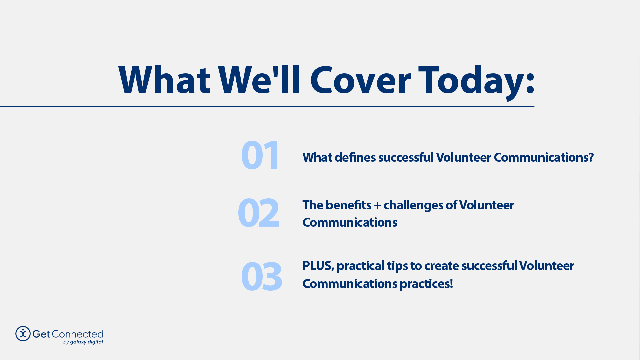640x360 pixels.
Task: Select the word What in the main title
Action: [x=164, y=81]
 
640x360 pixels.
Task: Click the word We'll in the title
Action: [x=260, y=81]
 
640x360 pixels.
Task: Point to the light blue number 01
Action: [x=260, y=155]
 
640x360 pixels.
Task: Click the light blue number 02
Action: [x=258, y=213]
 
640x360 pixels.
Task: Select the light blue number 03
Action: [x=261, y=276]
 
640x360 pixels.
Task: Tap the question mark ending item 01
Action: [x=591, y=157]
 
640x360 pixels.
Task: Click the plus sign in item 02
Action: [x=377, y=206]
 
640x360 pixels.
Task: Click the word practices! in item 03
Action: [x=426, y=284]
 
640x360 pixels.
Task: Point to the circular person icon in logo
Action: [x=23, y=334]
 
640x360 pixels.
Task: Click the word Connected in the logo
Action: [x=77, y=334]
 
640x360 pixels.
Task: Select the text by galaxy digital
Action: [x=83, y=342]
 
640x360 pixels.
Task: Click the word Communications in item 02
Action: [x=350, y=223]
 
